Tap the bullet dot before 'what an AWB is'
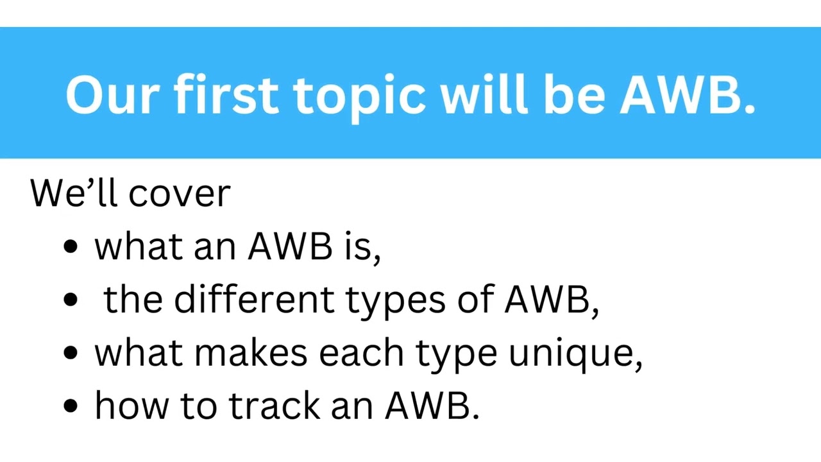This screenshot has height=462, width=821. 71,247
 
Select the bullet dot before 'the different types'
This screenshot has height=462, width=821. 71,300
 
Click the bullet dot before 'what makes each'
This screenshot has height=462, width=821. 71,353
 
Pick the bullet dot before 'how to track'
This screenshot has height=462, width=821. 71,406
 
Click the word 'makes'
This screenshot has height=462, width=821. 251,353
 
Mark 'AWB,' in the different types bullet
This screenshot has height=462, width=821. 552,299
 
